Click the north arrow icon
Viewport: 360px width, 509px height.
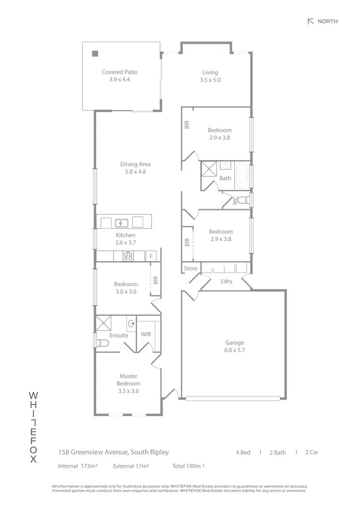pos(311,21)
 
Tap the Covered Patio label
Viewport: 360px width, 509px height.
pos(120,72)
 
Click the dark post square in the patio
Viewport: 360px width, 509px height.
pos(95,54)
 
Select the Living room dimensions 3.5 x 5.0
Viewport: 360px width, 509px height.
pos(210,80)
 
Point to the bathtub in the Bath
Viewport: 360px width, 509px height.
pos(242,176)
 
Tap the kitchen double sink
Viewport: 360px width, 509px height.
pos(122,223)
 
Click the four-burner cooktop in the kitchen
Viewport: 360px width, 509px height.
pos(128,256)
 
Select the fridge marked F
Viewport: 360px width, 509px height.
pos(151,256)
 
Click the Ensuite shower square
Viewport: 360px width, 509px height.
pos(104,323)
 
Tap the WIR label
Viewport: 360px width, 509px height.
pos(146,334)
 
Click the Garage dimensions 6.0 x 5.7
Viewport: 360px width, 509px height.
pos(235,350)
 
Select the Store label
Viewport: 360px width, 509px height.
pos(190,269)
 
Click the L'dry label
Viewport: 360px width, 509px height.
pos(226,281)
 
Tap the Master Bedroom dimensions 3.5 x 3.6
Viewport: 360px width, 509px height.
pos(129,391)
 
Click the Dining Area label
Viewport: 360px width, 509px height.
pos(135,164)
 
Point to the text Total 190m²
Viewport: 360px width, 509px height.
pos(188,466)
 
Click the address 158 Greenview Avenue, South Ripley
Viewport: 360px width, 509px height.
pos(114,452)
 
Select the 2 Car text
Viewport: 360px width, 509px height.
pos(311,452)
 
